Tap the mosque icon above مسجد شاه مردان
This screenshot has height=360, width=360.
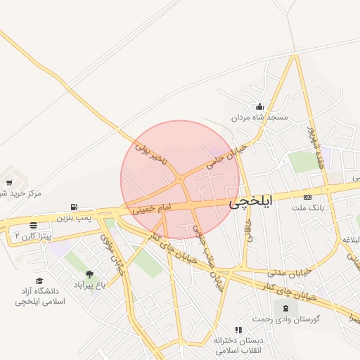(260, 107)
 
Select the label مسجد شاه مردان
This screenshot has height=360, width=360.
(262, 118)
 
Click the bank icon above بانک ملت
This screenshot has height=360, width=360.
(308, 196)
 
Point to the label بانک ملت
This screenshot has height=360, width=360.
(307, 207)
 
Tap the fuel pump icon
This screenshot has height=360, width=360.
(74, 207)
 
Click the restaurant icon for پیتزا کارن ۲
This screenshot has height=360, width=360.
(33, 226)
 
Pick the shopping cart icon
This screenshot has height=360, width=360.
(8, 183)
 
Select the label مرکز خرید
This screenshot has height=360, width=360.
(22, 193)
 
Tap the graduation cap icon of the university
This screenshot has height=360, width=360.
(39, 281)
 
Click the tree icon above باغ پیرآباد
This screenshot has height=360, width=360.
(89, 275)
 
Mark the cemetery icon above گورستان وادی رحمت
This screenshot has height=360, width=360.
(285, 308)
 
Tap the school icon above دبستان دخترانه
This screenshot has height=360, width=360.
(239, 330)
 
